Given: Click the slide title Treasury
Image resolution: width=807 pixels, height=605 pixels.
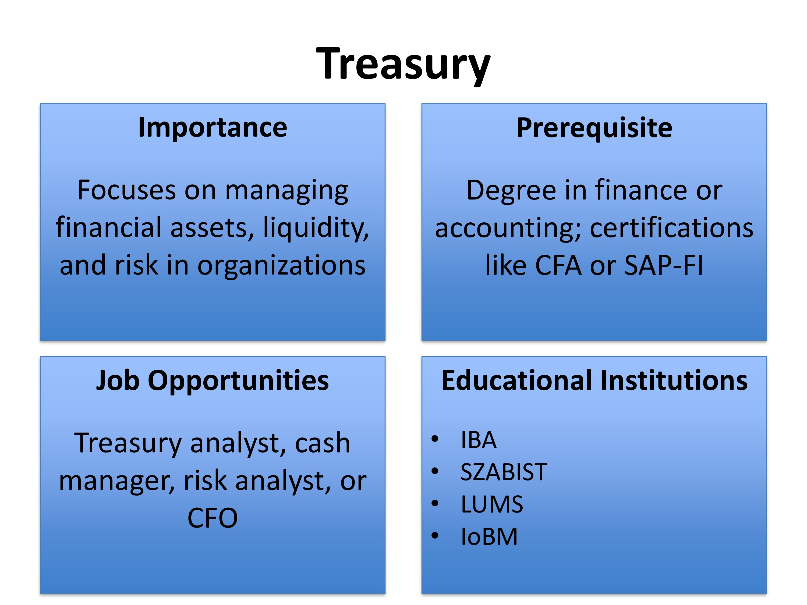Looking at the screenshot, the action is click(403, 65).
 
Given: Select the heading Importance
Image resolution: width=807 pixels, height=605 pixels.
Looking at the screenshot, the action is click(213, 128).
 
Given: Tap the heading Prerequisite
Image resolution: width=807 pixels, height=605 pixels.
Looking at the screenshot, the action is click(594, 128).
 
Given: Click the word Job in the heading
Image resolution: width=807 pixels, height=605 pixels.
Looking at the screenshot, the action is click(118, 380).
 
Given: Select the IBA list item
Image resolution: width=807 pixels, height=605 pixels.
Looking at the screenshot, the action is click(478, 440).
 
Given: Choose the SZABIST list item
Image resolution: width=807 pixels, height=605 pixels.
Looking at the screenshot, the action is click(504, 472).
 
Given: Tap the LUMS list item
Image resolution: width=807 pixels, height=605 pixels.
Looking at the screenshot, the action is click(492, 504).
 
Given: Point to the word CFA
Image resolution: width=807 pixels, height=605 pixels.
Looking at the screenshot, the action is click(558, 265).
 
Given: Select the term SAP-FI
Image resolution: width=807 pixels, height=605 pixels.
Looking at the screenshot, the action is click(664, 265).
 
